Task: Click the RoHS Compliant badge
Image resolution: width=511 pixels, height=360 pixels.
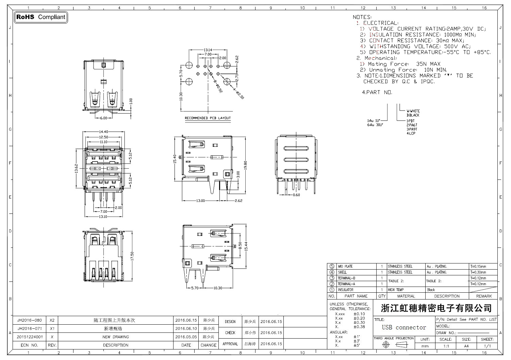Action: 41,17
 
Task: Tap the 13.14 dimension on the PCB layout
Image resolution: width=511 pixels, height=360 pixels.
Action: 208,50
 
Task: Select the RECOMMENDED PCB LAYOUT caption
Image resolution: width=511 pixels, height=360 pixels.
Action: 208,118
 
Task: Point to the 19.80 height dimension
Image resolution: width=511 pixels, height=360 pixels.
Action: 245,165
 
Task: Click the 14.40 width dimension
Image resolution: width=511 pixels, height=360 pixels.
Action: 103,132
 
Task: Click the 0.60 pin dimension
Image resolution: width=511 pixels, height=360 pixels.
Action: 296,195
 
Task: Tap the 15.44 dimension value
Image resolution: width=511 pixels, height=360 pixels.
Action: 246,246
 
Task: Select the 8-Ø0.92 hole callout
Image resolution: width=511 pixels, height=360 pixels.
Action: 217,86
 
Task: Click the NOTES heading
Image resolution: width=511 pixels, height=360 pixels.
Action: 362,17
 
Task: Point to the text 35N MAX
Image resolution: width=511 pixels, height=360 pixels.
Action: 428,64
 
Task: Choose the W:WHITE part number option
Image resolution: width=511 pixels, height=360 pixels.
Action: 413,111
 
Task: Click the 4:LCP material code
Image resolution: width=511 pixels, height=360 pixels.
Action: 411,133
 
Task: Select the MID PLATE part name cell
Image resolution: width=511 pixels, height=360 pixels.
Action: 345,267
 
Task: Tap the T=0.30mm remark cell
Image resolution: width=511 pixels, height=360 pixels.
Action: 479,272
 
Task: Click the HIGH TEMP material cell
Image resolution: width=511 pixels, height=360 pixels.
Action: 396,290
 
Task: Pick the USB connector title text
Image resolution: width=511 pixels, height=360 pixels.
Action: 404,327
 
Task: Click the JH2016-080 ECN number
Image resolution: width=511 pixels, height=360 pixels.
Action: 30,320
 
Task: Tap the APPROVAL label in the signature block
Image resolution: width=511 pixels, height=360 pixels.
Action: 230,344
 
